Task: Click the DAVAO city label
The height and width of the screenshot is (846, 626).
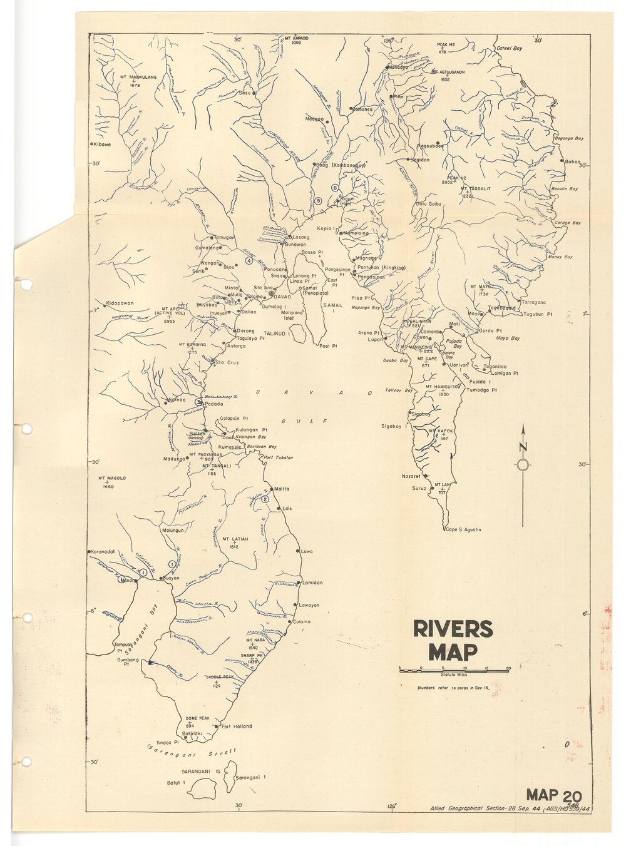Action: point(283,296)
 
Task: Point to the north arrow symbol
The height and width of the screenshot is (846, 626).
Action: point(523,464)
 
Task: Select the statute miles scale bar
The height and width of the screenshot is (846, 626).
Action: point(454,670)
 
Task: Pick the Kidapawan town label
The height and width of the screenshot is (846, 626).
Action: point(120,303)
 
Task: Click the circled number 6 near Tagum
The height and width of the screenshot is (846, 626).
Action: point(335,188)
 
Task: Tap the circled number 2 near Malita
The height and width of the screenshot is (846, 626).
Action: point(265,499)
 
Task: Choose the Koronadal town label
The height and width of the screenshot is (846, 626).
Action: point(101,551)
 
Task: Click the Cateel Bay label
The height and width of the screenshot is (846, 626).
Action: point(510,48)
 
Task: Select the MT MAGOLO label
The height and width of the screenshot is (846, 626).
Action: point(112,478)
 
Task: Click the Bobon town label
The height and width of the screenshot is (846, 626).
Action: point(572,161)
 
